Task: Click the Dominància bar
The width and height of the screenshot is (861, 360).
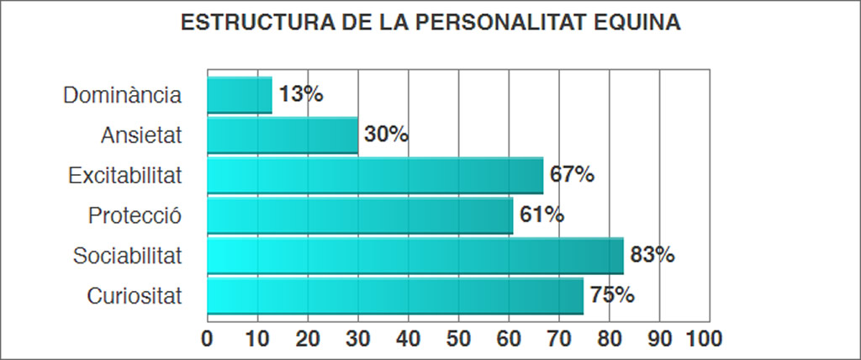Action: coord(240,95)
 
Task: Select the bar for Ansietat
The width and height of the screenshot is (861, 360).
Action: coord(283,135)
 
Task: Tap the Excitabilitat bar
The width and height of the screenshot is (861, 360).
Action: coord(375,175)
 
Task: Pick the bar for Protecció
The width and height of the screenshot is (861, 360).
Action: coord(360,215)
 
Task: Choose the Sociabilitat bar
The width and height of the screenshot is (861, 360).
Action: coord(415,256)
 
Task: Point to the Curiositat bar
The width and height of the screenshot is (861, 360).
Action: coord(395,296)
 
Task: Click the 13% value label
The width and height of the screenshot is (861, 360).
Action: coord(301,94)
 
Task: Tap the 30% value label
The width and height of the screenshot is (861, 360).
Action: coord(387,135)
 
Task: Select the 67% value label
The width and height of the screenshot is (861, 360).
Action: coord(573,175)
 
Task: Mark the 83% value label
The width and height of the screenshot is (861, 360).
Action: coord(652,255)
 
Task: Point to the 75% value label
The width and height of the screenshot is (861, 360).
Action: coord(612,295)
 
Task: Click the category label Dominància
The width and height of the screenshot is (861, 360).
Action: coord(123,95)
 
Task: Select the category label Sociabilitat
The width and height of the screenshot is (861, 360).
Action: coord(127,256)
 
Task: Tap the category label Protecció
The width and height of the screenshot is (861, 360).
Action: coord(135,215)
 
